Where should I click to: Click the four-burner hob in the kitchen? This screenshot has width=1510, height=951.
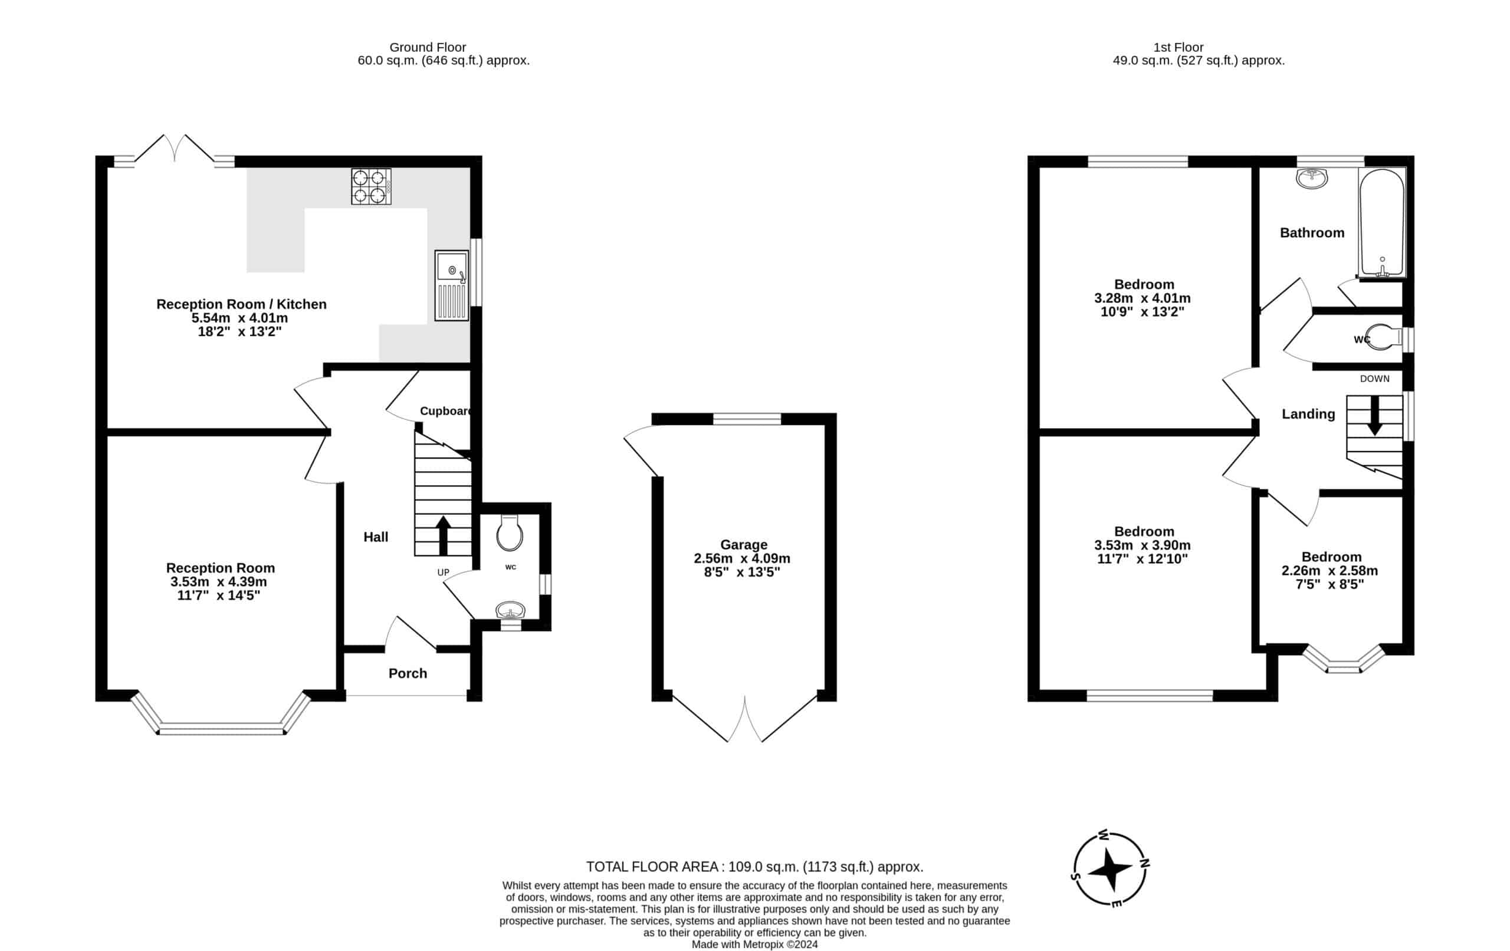coord(370,186)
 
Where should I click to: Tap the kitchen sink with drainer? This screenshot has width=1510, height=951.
coord(451,285)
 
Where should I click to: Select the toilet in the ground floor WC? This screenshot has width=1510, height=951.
coord(509,532)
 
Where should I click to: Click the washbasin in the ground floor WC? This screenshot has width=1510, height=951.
coord(510,610)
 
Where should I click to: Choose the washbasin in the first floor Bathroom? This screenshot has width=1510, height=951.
coord(1312,178)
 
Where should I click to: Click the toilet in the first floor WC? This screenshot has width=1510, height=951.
coord(1384,337)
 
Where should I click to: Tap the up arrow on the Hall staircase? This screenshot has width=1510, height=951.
coord(443,535)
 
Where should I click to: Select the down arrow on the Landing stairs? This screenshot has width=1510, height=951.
coord(1374,415)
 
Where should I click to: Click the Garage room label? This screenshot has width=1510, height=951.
coord(743,545)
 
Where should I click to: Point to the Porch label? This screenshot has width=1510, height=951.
coord(408,673)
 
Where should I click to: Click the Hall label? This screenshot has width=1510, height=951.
coord(376,537)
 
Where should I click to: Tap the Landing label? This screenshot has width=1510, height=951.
coord(1308,414)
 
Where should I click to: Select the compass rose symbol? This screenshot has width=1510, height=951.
coord(1110,870)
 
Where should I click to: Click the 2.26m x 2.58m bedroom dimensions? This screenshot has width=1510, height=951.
coord(1330,571)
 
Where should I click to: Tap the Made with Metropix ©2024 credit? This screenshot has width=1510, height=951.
coord(755,945)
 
